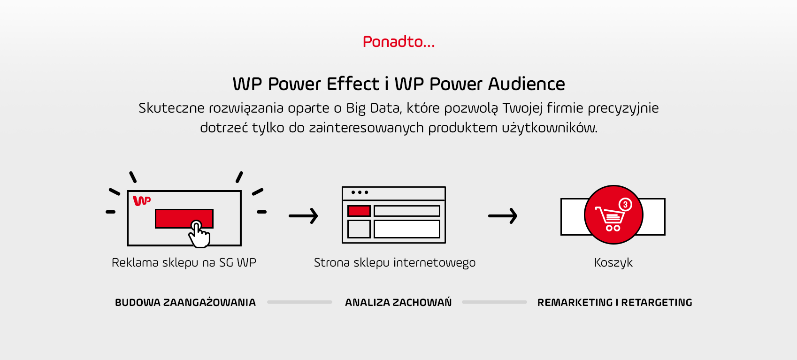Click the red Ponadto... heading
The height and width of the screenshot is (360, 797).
398,42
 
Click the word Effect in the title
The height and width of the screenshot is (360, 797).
353,84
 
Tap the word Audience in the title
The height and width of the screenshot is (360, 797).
526,84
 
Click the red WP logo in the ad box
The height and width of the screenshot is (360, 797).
142,200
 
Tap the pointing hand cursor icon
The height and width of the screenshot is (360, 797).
199,234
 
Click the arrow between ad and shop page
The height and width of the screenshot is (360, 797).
303,216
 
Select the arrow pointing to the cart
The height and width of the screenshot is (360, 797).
503,216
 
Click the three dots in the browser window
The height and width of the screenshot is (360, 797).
360,192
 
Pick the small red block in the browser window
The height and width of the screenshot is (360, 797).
359,211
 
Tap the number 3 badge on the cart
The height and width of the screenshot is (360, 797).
625,205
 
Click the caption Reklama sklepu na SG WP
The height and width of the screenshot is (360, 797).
184,262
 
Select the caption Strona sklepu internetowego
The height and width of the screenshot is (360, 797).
395,262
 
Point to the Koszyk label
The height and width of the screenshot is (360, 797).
613,262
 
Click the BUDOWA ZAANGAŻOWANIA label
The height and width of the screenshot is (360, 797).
185,302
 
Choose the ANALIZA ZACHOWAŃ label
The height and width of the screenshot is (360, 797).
398,302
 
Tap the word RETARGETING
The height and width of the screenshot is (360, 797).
657,302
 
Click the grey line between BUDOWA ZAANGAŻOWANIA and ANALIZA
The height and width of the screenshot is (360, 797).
299,302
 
